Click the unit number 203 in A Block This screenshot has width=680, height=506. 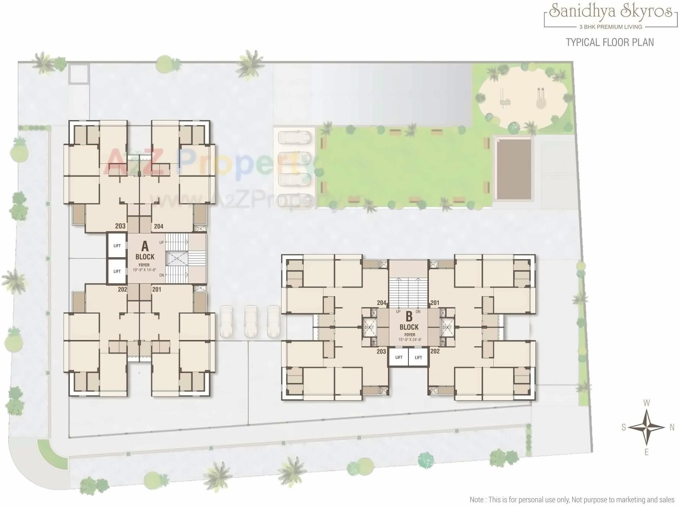point(120,226)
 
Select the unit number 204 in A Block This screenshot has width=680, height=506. point(159,226)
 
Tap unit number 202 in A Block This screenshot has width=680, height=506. point(122,289)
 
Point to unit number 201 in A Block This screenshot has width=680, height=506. point(156,289)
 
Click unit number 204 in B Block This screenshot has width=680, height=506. point(382,303)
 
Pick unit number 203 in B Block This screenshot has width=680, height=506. point(381,351)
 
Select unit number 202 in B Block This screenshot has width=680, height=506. point(435,351)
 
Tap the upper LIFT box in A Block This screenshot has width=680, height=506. point(117,246)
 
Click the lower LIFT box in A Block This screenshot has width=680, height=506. point(117,271)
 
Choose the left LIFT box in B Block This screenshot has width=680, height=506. point(399,357)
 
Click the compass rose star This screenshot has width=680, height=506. point(646,427)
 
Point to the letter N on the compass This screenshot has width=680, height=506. point(672,428)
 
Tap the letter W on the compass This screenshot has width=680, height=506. point(647,403)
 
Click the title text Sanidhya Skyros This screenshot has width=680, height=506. point(611,12)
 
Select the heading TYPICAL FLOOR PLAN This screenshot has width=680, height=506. point(610,42)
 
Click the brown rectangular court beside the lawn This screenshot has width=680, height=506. point(514,169)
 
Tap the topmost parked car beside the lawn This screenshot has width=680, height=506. point(295,137)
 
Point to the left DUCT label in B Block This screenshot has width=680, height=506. point(369,328)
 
